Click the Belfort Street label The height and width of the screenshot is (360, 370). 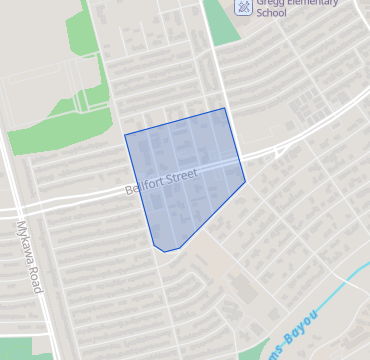(161, 181)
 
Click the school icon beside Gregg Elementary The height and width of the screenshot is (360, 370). (242, 6)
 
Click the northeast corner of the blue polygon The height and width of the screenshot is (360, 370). (225, 108)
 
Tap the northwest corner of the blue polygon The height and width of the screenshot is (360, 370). (124, 134)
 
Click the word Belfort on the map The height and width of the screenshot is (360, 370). (143, 187)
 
